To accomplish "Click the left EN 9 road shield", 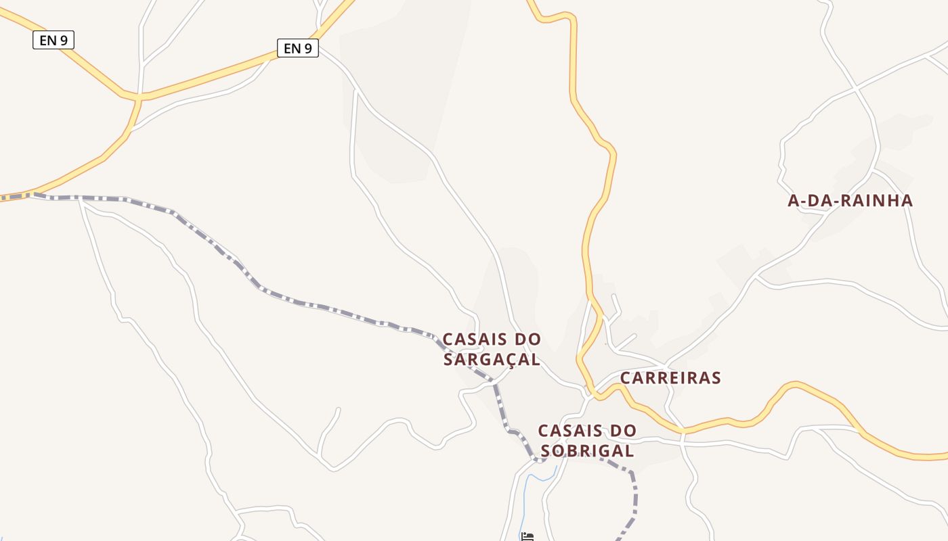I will click(53, 40).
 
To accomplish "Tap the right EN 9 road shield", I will click(297, 48).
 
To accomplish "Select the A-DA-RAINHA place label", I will click(850, 200).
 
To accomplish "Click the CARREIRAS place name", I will click(670, 377).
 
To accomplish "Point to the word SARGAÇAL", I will click(492, 359).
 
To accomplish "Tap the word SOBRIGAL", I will click(587, 450).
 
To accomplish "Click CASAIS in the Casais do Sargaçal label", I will click(473, 339).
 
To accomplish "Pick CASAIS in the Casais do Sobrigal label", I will click(568, 430).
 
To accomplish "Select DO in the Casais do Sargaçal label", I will click(528, 339).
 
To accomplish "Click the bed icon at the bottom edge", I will click(527, 536).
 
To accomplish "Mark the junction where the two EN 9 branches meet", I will click(139, 99).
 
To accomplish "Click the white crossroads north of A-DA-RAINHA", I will click(856, 88).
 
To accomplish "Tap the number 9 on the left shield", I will click(64, 40).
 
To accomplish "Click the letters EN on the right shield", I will click(291, 48).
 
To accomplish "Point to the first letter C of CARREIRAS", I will click(626, 377).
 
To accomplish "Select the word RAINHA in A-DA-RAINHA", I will click(878, 200).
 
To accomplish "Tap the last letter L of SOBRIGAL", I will click(629, 450).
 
